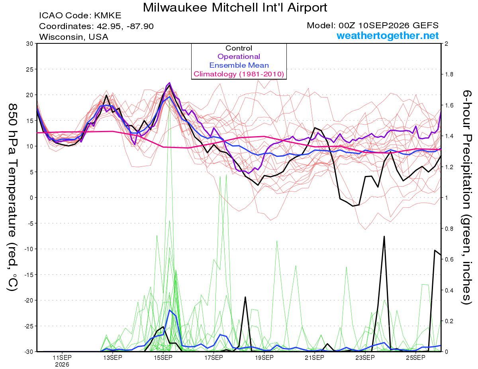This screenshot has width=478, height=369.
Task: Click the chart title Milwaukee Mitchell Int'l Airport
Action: pos(235,8)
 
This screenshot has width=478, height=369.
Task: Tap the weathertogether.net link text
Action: pos(388,35)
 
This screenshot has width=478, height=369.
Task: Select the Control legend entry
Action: pos(239,48)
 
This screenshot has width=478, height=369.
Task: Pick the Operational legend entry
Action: pos(239,57)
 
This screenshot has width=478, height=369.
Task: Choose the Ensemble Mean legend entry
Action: pos(239,65)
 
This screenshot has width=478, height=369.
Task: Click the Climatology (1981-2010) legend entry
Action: pos(239,74)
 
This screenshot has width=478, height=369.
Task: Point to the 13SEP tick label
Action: pos(113,358)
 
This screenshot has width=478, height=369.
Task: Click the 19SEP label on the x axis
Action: pos(264,358)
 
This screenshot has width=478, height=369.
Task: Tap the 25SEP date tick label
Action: pos(416,358)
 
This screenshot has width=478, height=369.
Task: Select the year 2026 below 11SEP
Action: pos(62,365)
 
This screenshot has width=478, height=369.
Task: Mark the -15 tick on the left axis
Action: pos(29,275)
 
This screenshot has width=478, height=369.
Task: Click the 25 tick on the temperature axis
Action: pos(30,69)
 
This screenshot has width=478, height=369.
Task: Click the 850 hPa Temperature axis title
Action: pos(12,197)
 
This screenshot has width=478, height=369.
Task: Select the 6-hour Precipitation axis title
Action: pos(466,197)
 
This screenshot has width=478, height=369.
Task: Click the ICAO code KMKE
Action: pos(108,16)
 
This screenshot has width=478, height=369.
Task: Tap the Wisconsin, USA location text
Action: pos(74,37)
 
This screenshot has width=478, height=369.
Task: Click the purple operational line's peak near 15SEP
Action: pos(169,83)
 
